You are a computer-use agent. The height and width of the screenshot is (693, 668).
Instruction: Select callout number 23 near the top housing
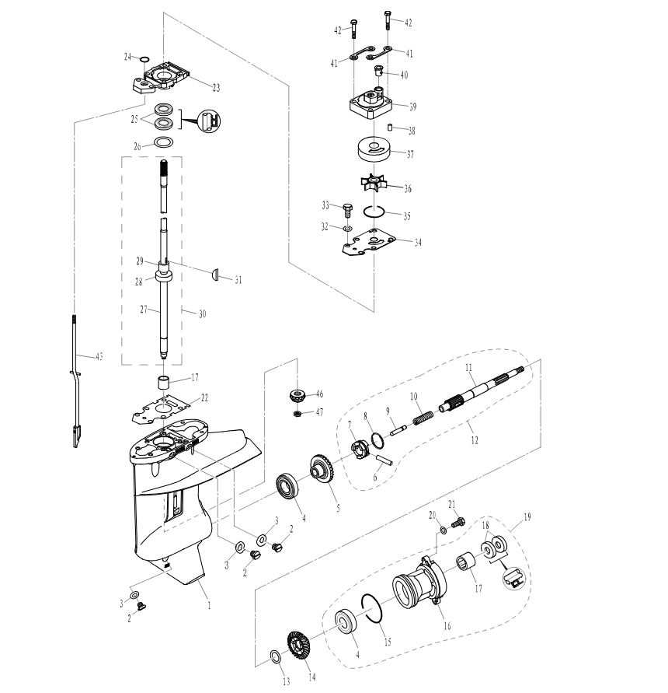click(x=216, y=88)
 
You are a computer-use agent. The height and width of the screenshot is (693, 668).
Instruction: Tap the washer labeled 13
click(x=275, y=658)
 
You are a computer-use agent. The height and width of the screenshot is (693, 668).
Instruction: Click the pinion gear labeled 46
click(x=297, y=393)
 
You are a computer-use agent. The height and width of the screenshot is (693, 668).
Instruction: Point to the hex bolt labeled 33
click(x=347, y=208)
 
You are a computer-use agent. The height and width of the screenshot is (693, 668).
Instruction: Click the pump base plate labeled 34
click(x=371, y=243)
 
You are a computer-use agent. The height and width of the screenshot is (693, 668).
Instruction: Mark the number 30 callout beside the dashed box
click(x=203, y=313)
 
